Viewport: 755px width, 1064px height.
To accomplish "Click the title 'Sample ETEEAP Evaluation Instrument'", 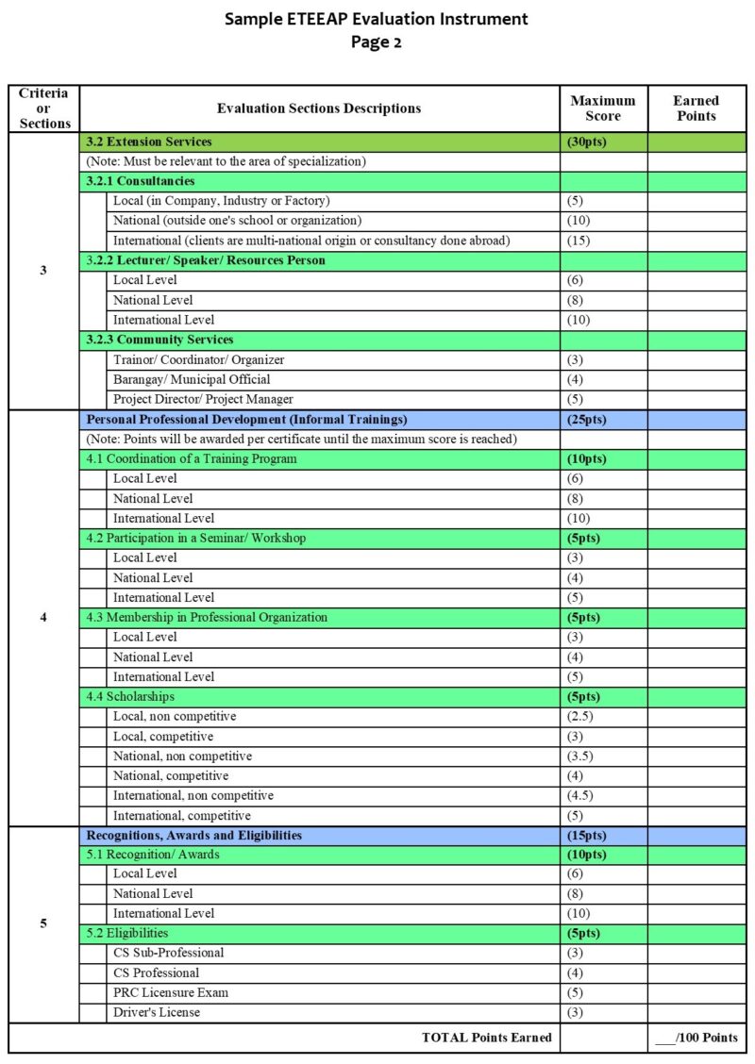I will (377, 19).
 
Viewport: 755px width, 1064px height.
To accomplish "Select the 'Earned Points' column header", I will (696, 108).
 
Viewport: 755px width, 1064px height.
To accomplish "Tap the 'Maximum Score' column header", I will (603, 108).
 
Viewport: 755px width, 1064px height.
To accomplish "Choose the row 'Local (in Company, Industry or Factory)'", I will (222, 201).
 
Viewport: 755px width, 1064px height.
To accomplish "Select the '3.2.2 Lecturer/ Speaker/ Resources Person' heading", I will (206, 260).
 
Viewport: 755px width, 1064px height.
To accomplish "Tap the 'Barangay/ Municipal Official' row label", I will (192, 379).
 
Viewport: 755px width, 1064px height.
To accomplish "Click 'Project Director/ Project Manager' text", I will (203, 399).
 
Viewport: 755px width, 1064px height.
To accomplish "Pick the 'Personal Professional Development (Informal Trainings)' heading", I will (246, 419).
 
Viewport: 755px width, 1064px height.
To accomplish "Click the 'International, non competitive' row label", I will (193, 795).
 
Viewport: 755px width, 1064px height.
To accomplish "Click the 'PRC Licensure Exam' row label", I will (171, 992).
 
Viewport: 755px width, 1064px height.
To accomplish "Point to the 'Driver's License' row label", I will (157, 1012).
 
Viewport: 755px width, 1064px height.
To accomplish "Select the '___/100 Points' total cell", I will (696, 1038).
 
